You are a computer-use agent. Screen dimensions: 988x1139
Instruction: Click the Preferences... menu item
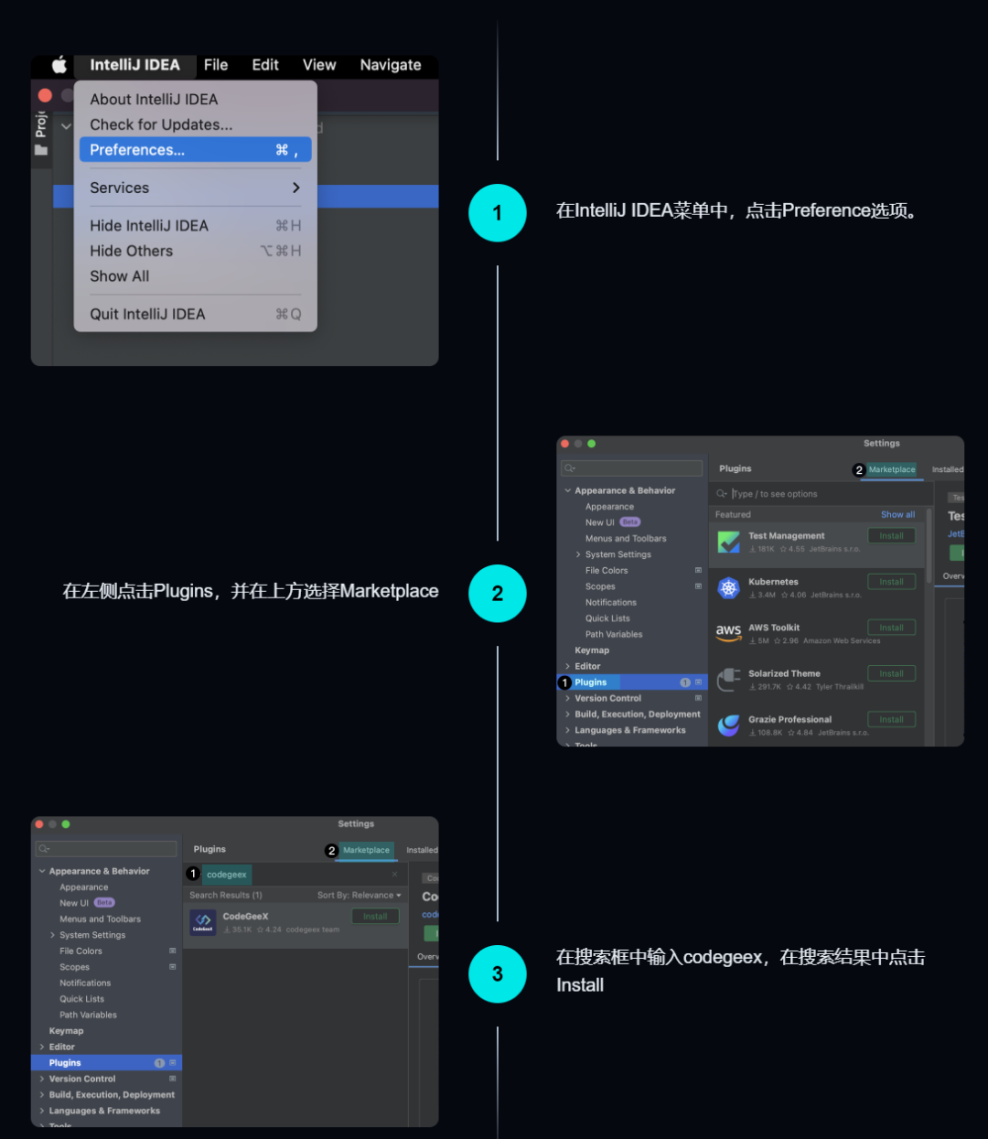pos(137,150)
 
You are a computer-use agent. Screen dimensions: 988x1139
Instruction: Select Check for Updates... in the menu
pos(161,124)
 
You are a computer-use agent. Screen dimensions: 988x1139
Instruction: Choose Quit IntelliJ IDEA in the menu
pos(147,314)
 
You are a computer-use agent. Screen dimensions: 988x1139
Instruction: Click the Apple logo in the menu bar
pos(59,65)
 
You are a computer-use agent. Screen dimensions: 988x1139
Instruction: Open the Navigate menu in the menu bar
pos(391,65)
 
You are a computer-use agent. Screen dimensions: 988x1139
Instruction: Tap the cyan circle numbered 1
pos(498,213)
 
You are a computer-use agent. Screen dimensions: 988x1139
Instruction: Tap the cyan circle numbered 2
pos(498,594)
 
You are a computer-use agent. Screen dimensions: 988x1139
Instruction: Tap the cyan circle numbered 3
pos(498,974)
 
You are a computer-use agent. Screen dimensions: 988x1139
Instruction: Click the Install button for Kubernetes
pos(891,582)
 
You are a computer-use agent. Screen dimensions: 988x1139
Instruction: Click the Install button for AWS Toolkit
pos(891,628)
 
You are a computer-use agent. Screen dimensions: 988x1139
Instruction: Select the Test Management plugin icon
pos(729,542)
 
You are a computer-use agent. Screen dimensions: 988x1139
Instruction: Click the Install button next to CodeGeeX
pos(375,917)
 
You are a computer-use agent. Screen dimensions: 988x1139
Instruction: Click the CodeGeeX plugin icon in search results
pos(203,922)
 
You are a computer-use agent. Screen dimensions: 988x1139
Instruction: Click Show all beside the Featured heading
pos(897,515)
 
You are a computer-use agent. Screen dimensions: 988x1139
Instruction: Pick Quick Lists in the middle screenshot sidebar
pos(607,618)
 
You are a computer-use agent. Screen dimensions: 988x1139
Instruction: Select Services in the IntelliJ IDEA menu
pos(120,188)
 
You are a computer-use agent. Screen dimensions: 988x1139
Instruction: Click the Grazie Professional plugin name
pos(789,720)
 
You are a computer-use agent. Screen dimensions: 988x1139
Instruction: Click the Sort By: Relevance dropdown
pos(359,896)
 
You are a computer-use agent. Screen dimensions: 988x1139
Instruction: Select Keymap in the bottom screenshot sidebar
pos(66,1031)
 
